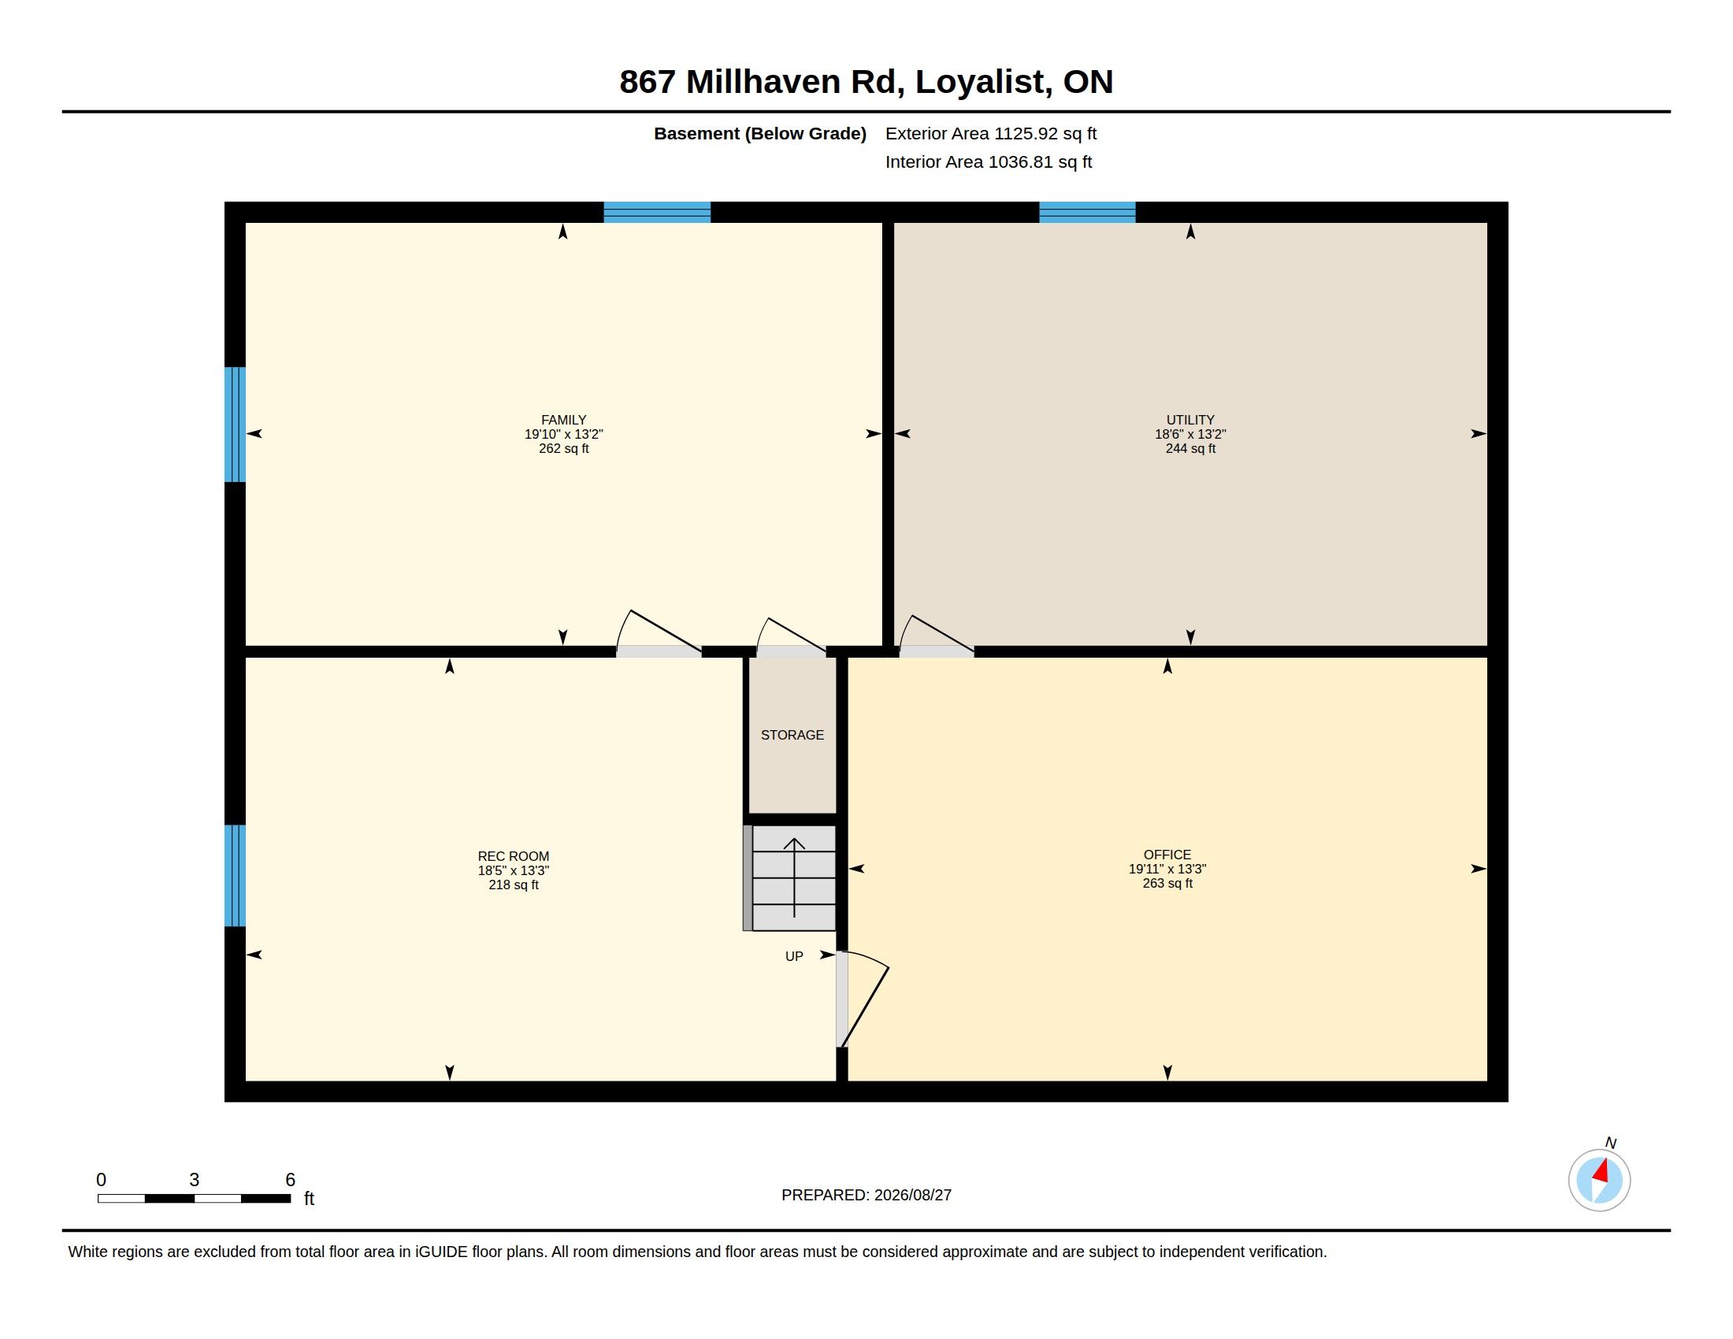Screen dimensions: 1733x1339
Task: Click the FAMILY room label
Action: click(x=563, y=420)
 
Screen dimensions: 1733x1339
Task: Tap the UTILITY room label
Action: click(x=1190, y=420)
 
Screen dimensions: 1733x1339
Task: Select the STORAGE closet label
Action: click(x=792, y=735)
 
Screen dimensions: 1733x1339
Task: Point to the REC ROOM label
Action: click(x=514, y=856)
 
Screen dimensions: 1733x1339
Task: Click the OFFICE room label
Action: click(x=1167, y=855)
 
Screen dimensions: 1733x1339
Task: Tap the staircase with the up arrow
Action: click(x=789, y=877)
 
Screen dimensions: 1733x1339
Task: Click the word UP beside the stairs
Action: click(x=794, y=957)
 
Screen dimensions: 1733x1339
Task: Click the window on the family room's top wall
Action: click(x=657, y=213)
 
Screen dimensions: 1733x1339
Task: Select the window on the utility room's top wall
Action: click(x=1087, y=213)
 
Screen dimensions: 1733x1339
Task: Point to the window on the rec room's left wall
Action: click(x=235, y=876)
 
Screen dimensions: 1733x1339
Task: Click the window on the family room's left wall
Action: click(x=235, y=425)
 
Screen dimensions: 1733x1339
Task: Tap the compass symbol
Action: click(x=1599, y=1180)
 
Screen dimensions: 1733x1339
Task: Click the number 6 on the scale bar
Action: click(x=291, y=1180)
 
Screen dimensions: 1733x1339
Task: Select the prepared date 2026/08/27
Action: click(x=912, y=1195)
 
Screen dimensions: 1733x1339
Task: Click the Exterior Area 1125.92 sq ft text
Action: click(x=991, y=133)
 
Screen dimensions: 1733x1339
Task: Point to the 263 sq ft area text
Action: click(x=1167, y=883)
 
